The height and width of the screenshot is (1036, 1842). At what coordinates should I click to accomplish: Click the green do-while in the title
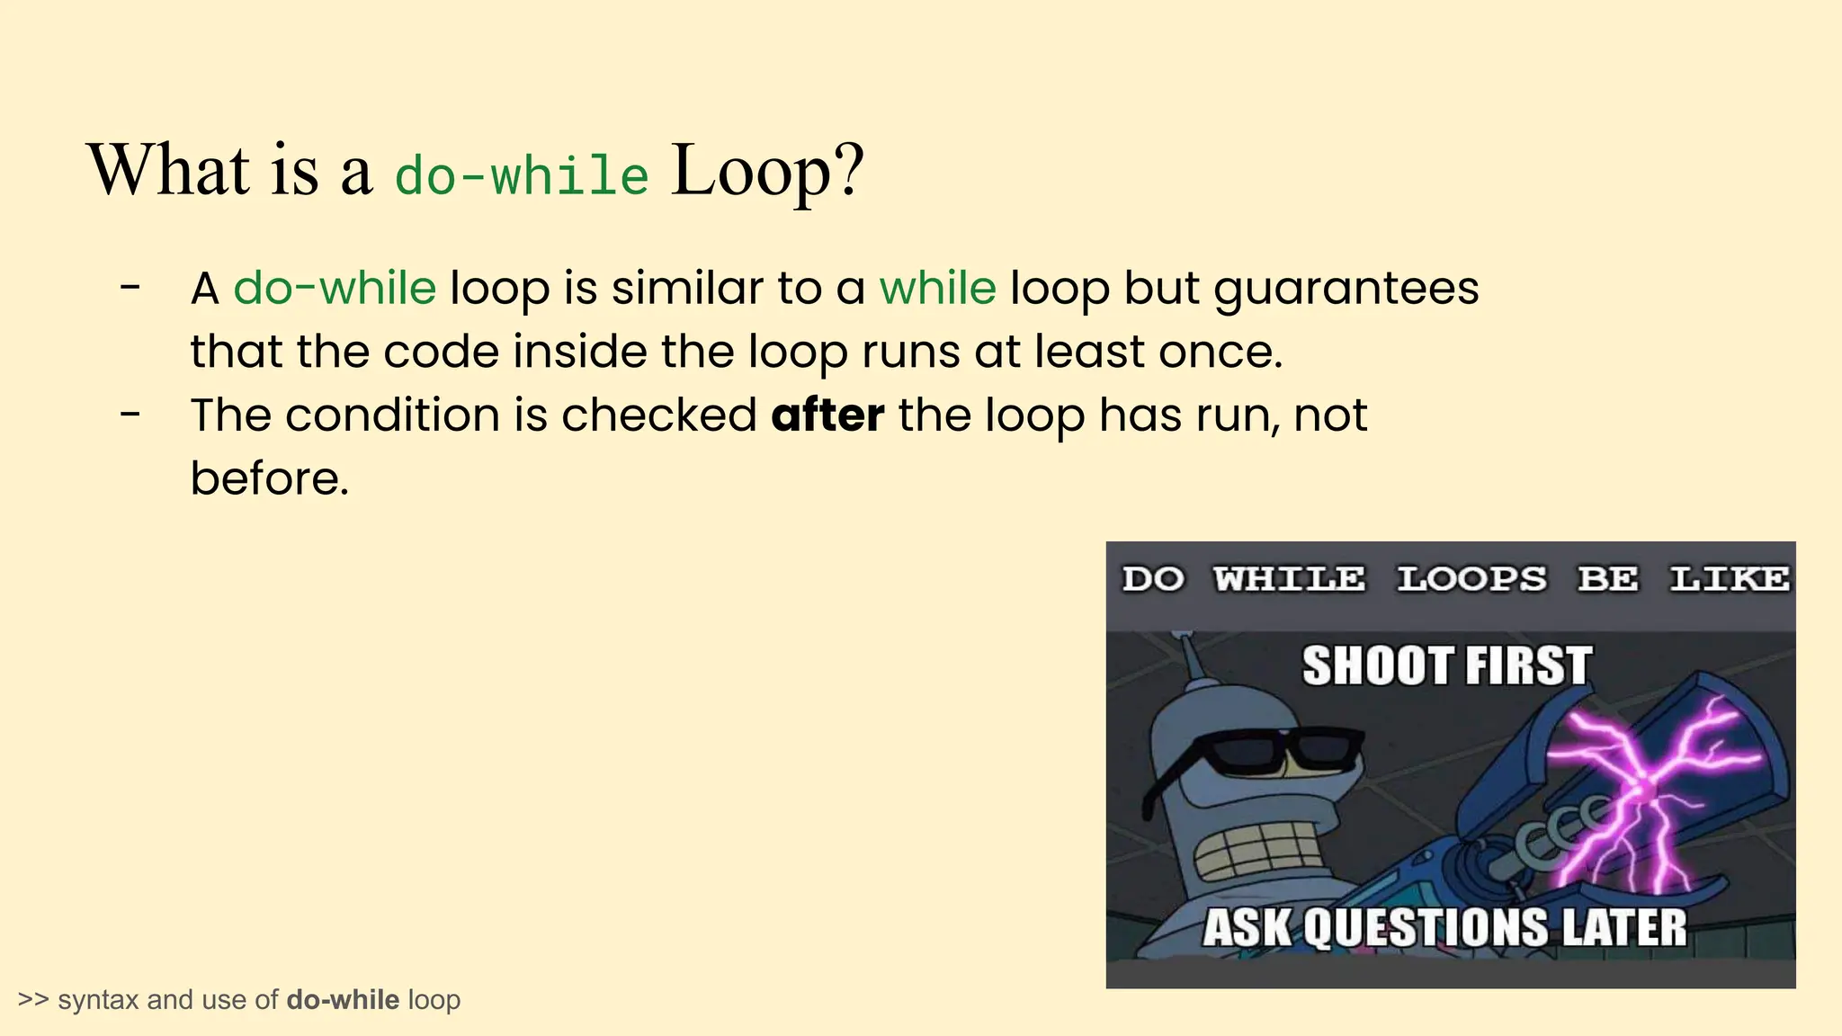(522, 174)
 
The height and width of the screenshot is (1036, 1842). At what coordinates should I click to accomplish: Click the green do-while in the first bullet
(335, 289)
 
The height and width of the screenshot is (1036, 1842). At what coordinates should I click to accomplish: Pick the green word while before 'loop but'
(937, 289)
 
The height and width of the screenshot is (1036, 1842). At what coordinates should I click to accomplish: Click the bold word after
(827, 415)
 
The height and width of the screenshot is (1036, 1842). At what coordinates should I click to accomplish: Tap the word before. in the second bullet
(269, 478)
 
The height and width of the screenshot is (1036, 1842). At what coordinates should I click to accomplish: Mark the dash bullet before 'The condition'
(130, 415)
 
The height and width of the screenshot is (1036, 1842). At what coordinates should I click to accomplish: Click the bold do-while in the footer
(343, 1000)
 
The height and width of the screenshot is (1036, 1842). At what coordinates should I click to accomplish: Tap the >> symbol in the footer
(33, 1000)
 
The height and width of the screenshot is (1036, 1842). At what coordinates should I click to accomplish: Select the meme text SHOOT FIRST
(1446, 666)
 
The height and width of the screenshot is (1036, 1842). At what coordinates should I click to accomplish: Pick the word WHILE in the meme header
(1289, 578)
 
